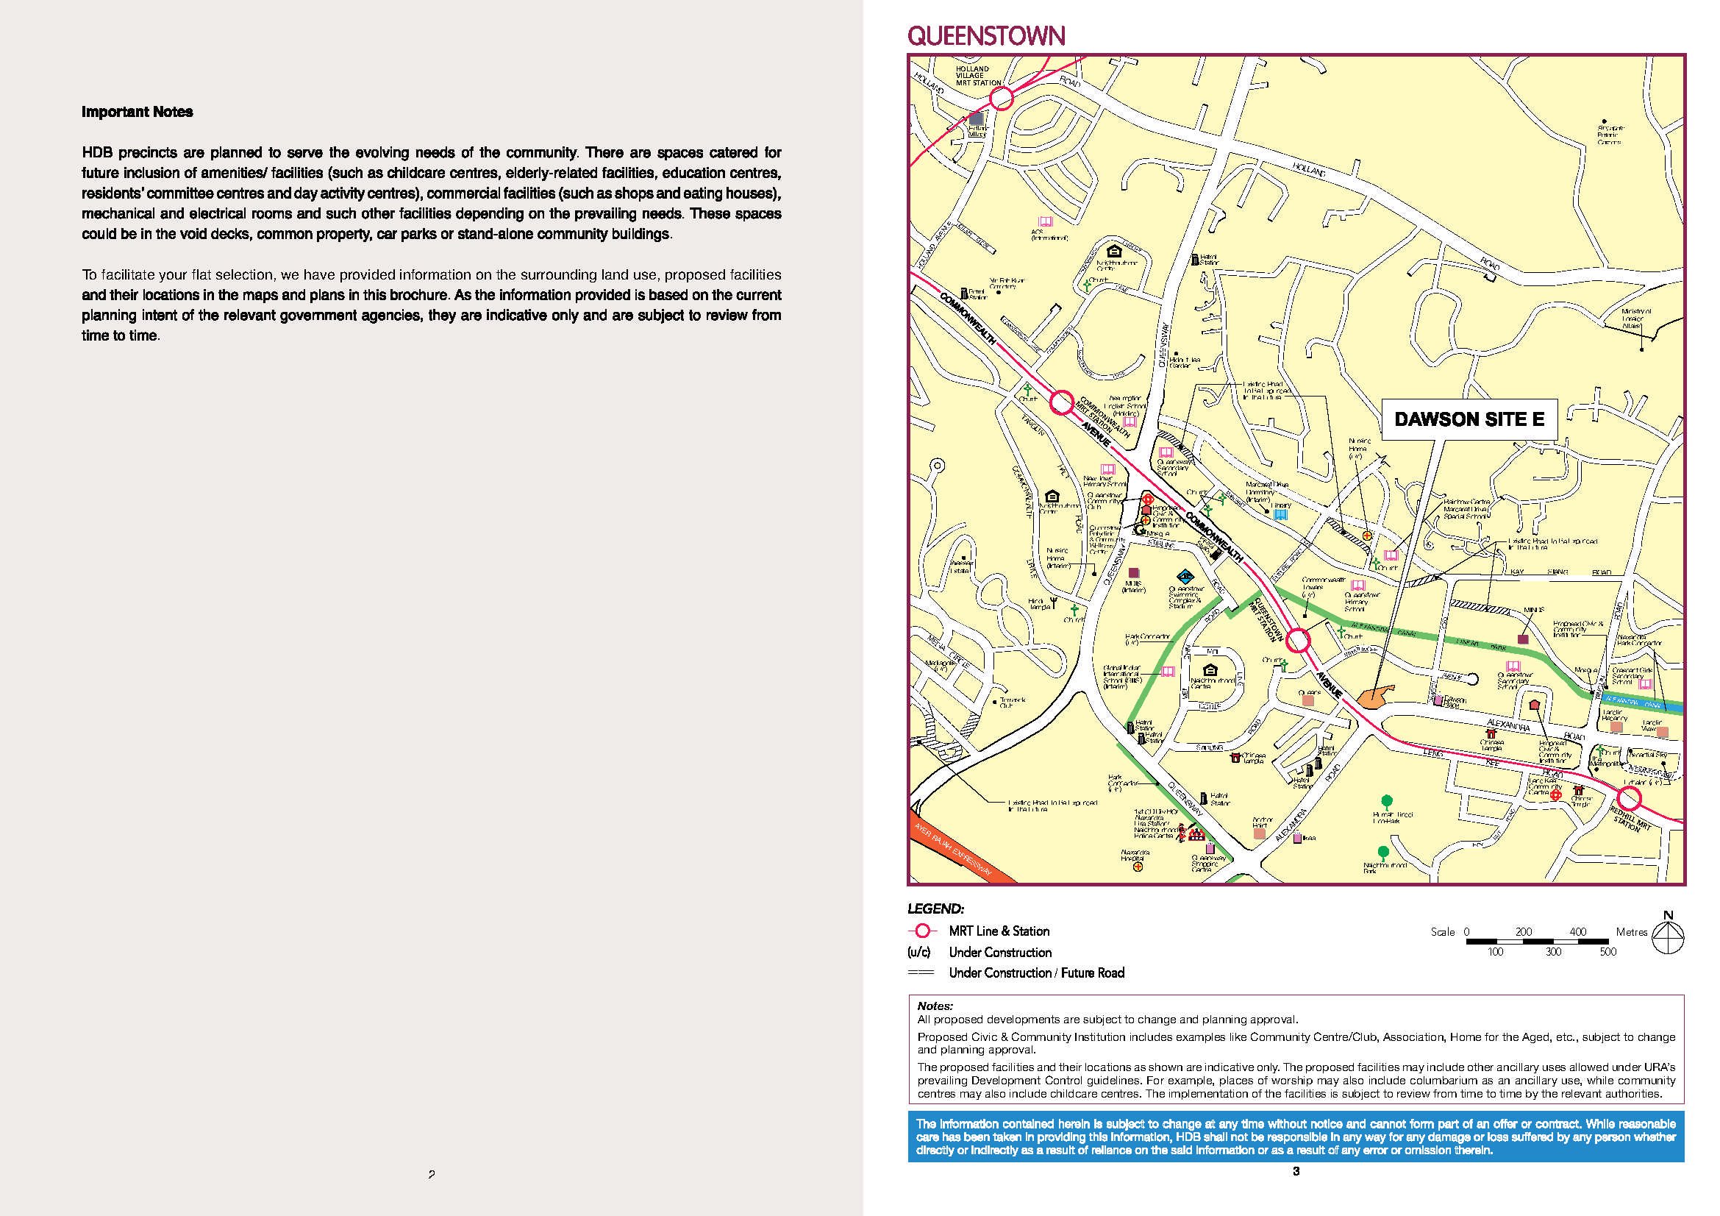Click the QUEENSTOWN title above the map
985,35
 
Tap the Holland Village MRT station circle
1002,98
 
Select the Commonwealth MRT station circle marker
1061,403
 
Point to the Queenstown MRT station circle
1297,641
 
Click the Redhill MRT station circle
1630,798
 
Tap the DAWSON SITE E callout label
1469,419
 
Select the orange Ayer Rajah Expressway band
954,846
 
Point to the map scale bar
1536,940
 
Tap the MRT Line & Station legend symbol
922,931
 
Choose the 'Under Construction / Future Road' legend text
1036,973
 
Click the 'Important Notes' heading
137,112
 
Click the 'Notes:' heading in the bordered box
935,1006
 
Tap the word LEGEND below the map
935,909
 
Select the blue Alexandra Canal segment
1641,705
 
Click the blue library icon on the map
1280,515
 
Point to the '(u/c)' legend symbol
919,952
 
